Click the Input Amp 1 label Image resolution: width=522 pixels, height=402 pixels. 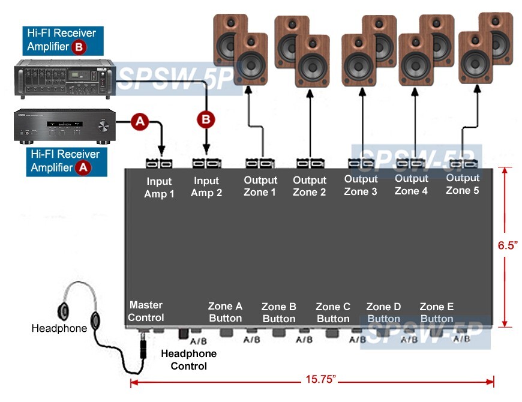click(x=158, y=187)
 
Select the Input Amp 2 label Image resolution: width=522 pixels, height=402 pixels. click(x=206, y=187)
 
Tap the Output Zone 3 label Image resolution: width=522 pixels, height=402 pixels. click(x=361, y=185)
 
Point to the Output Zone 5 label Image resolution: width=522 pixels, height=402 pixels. click(x=463, y=184)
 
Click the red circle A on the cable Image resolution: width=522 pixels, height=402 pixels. click(x=140, y=121)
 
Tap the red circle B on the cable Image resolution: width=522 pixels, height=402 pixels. click(x=206, y=119)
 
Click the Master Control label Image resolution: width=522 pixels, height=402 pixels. click(x=146, y=311)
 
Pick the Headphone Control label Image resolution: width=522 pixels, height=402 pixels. click(x=188, y=359)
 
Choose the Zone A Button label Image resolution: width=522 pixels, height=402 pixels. click(x=225, y=312)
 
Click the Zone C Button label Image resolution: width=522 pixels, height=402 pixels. click(x=333, y=312)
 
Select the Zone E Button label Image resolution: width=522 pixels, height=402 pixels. click(x=437, y=312)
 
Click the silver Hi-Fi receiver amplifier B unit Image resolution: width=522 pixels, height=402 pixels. click(x=63, y=80)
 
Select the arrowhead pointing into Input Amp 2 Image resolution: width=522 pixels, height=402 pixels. click(x=206, y=152)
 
